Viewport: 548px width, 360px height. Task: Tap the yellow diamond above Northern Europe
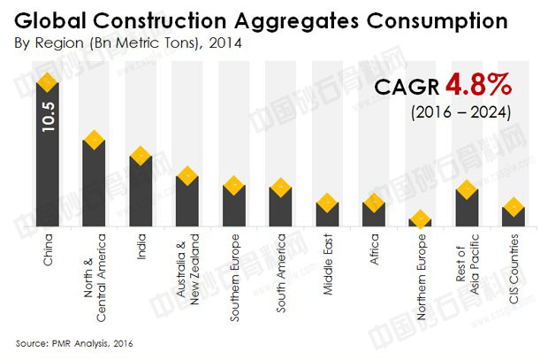point(421,217)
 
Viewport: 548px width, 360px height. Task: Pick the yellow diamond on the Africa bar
point(374,203)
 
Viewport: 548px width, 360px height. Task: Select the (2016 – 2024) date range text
point(460,113)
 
